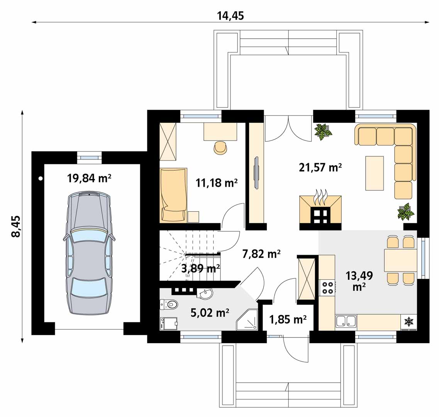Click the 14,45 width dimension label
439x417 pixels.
pyautogui.click(x=231, y=16)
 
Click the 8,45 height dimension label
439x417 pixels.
pyautogui.click(x=16, y=227)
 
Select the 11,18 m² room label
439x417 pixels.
pyautogui.click(x=217, y=183)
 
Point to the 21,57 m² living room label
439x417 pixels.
pyautogui.click(x=320, y=167)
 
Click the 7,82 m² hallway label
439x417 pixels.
pyautogui.click(x=262, y=254)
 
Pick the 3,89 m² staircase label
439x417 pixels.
pyautogui.click(x=200, y=268)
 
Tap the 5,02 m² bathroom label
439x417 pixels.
pyautogui.click(x=210, y=312)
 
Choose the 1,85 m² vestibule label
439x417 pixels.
pyautogui.click(x=288, y=319)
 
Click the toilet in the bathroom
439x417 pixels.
pyautogui.click(x=168, y=304)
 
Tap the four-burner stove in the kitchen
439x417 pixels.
pyautogui.click(x=327, y=287)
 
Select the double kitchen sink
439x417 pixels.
pyautogui.click(x=346, y=321)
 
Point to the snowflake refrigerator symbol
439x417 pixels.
pyautogui.click(x=409, y=322)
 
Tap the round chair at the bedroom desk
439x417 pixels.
pyautogui.click(x=220, y=147)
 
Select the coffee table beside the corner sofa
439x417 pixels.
pyautogui.click(x=374, y=173)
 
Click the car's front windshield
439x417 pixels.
pyautogui.click(x=88, y=237)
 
